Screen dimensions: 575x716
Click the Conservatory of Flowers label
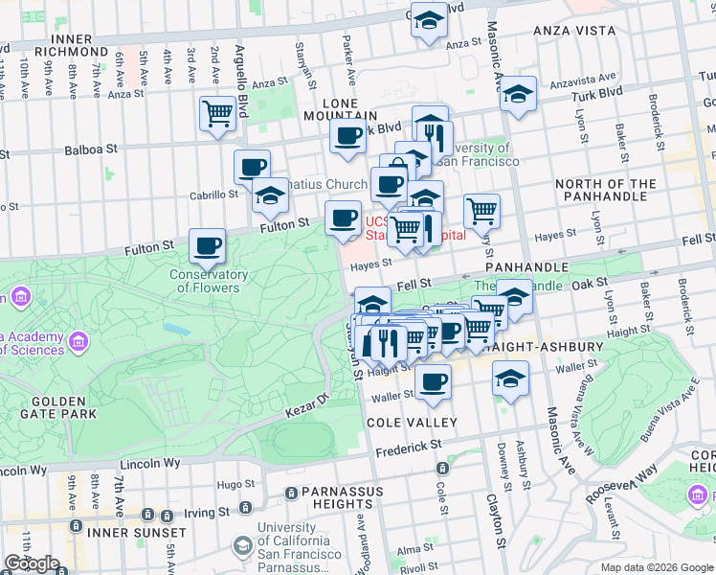[209, 281]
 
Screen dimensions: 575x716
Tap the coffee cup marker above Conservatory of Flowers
[207, 247]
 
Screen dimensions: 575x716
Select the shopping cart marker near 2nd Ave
[218, 114]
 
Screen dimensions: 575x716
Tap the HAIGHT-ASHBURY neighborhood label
[543, 346]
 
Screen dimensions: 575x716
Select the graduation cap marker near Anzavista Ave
[518, 95]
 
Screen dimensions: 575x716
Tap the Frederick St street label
[409, 447]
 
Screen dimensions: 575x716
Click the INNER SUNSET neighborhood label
[136, 532]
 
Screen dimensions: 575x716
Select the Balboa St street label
[91, 149]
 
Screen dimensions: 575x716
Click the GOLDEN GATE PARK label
[48, 407]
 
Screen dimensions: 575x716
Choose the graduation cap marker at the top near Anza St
[429, 21]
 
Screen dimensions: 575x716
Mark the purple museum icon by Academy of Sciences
[78, 341]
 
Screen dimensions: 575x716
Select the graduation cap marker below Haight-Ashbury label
[510, 379]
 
